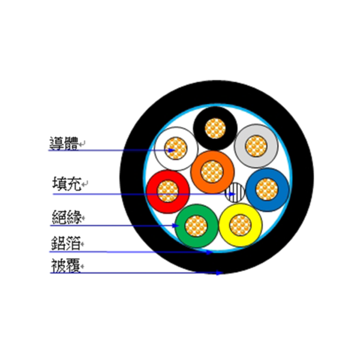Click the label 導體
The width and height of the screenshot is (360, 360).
point(64,143)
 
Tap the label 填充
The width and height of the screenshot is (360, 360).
point(67,184)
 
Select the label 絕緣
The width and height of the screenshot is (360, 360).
point(67,217)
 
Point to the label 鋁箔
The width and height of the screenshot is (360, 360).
point(65,243)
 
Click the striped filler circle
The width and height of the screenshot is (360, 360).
point(235,193)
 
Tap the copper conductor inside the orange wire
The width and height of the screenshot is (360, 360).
point(212,172)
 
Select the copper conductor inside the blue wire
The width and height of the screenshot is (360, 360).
point(267,190)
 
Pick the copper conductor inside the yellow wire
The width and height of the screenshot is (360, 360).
point(240,225)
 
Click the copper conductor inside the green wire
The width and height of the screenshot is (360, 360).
point(196,226)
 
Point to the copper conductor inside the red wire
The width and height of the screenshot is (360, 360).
point(168,191)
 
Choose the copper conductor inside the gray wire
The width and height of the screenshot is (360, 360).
point(256,146)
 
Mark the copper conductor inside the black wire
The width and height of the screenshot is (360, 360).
point(215,128)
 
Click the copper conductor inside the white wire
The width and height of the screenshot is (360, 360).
point(176,148)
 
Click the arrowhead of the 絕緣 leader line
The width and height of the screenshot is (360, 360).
point(176,226)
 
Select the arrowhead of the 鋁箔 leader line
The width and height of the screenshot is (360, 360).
point(209,253)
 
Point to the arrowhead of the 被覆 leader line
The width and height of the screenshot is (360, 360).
point(220,273)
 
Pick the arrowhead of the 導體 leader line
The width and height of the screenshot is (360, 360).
point(172,151)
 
